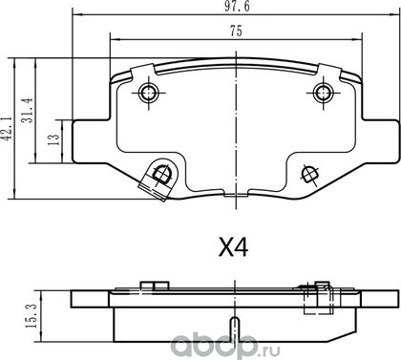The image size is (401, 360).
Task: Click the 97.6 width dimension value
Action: [237, 7]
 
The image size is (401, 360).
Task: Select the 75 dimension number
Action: [236, 32]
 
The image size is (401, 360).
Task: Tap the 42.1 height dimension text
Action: [8, 128]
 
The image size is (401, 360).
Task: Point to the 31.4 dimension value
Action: [28, 110]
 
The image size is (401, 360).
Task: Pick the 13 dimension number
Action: [53, 139]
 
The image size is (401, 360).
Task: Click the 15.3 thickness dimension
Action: [32, 316]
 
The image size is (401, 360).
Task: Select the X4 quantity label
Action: [233, 248]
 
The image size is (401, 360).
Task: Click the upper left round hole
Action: [149, 94]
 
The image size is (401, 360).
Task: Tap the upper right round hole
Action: [323, 93]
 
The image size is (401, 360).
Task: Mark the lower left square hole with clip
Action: [158, 179]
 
